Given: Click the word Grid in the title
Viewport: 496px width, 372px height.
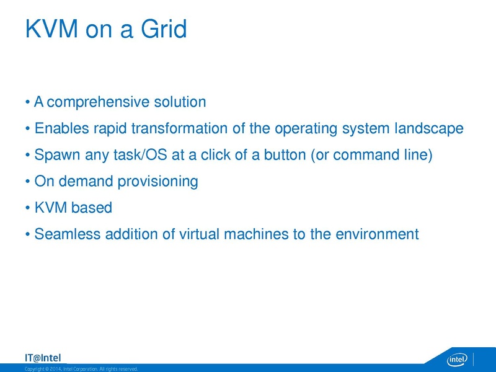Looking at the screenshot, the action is tap(164, 29).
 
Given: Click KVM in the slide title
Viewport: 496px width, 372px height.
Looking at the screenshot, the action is tap(51, 29).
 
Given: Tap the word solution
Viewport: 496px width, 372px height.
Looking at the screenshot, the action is tap(180, 102).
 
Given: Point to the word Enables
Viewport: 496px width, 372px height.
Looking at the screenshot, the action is tap(61, 128).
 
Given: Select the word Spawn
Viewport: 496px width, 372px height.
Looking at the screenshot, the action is tap(57, 155).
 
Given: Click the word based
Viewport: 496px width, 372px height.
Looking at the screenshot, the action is tap(92, 208).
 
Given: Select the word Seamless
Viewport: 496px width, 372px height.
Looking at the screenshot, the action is tap(68, 234).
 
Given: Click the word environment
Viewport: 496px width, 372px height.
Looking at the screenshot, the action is tap(377, 234).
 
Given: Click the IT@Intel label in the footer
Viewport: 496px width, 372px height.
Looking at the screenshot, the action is tap(43, 358).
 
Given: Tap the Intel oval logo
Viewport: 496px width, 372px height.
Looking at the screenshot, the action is tap(457, 360).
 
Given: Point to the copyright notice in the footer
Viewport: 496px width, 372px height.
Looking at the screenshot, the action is tap(81, 369).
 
